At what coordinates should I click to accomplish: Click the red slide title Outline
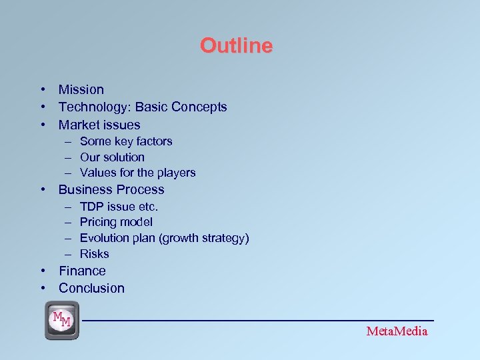(x=236, y=46)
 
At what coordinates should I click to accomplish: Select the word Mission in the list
(x=81, y=89)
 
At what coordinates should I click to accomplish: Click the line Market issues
(x=99, y=125)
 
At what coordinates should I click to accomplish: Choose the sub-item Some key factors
(x=126, y=141)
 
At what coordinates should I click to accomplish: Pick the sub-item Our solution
(x=112, y=157)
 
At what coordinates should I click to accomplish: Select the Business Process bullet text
(x=111, y=189)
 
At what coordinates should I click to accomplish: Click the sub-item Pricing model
(x=116, y=222)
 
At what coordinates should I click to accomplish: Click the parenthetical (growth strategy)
(x=205, y=238)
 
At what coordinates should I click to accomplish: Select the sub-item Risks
(x=94, y=254)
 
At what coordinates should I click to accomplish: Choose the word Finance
(x=82, y=271)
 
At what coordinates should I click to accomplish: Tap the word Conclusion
(x=91, y=288)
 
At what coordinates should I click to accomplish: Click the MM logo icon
(x=62, y=320)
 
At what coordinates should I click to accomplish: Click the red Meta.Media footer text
(x=397, y=331)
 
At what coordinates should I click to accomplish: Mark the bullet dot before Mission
(x=42, y=89)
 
